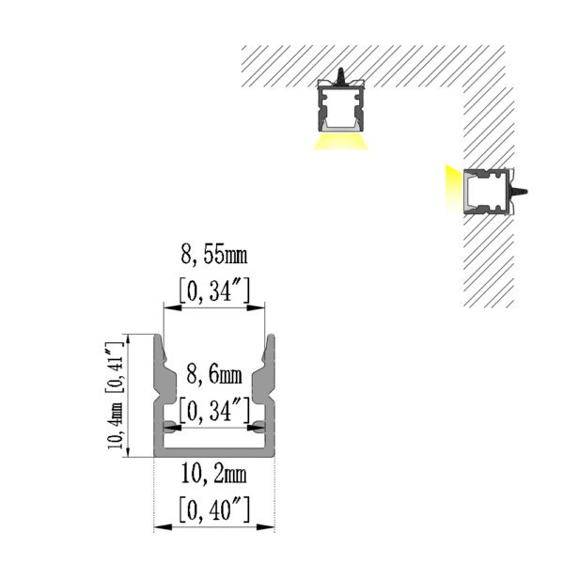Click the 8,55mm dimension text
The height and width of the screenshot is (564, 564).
(x=214, y=256)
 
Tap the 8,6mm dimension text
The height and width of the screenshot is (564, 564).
(x=214, y=375)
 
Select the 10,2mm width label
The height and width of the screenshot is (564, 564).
(x=213, y=475)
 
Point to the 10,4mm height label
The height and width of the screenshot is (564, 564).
(x=116, y=426)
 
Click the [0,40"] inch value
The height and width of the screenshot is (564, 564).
(x=214, y=509)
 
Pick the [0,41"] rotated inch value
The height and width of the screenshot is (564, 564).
(x=115, y=367)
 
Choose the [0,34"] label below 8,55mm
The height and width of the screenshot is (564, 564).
(x=214, y=290)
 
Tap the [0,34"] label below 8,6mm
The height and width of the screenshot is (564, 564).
(x=214, y=410)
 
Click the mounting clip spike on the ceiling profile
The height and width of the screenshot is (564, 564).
(x=339, y=76)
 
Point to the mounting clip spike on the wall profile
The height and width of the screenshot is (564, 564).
(x=518, y=191)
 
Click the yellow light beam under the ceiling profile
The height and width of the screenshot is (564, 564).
(x=340, y=142)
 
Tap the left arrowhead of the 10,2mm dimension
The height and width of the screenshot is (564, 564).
(x=163, y=527)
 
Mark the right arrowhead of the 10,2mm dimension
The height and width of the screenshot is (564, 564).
(x=265, y=527)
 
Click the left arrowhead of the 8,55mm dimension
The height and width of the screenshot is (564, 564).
(x=172, y=307)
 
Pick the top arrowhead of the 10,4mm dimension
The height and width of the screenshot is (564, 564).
(x=129, y=343)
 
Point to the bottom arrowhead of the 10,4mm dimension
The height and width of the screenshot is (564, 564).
(x=129, y=448)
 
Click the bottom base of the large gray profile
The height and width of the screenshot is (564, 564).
(x=214, y=453)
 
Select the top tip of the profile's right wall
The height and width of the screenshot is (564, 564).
(x=272, y=336)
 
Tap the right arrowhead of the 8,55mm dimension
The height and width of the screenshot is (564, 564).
(x=256, y=307)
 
